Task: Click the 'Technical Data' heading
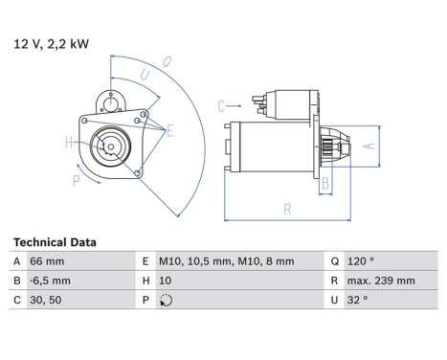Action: [55, 242]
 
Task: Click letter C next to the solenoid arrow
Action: [220, 104]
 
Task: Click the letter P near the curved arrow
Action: [77, 178]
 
